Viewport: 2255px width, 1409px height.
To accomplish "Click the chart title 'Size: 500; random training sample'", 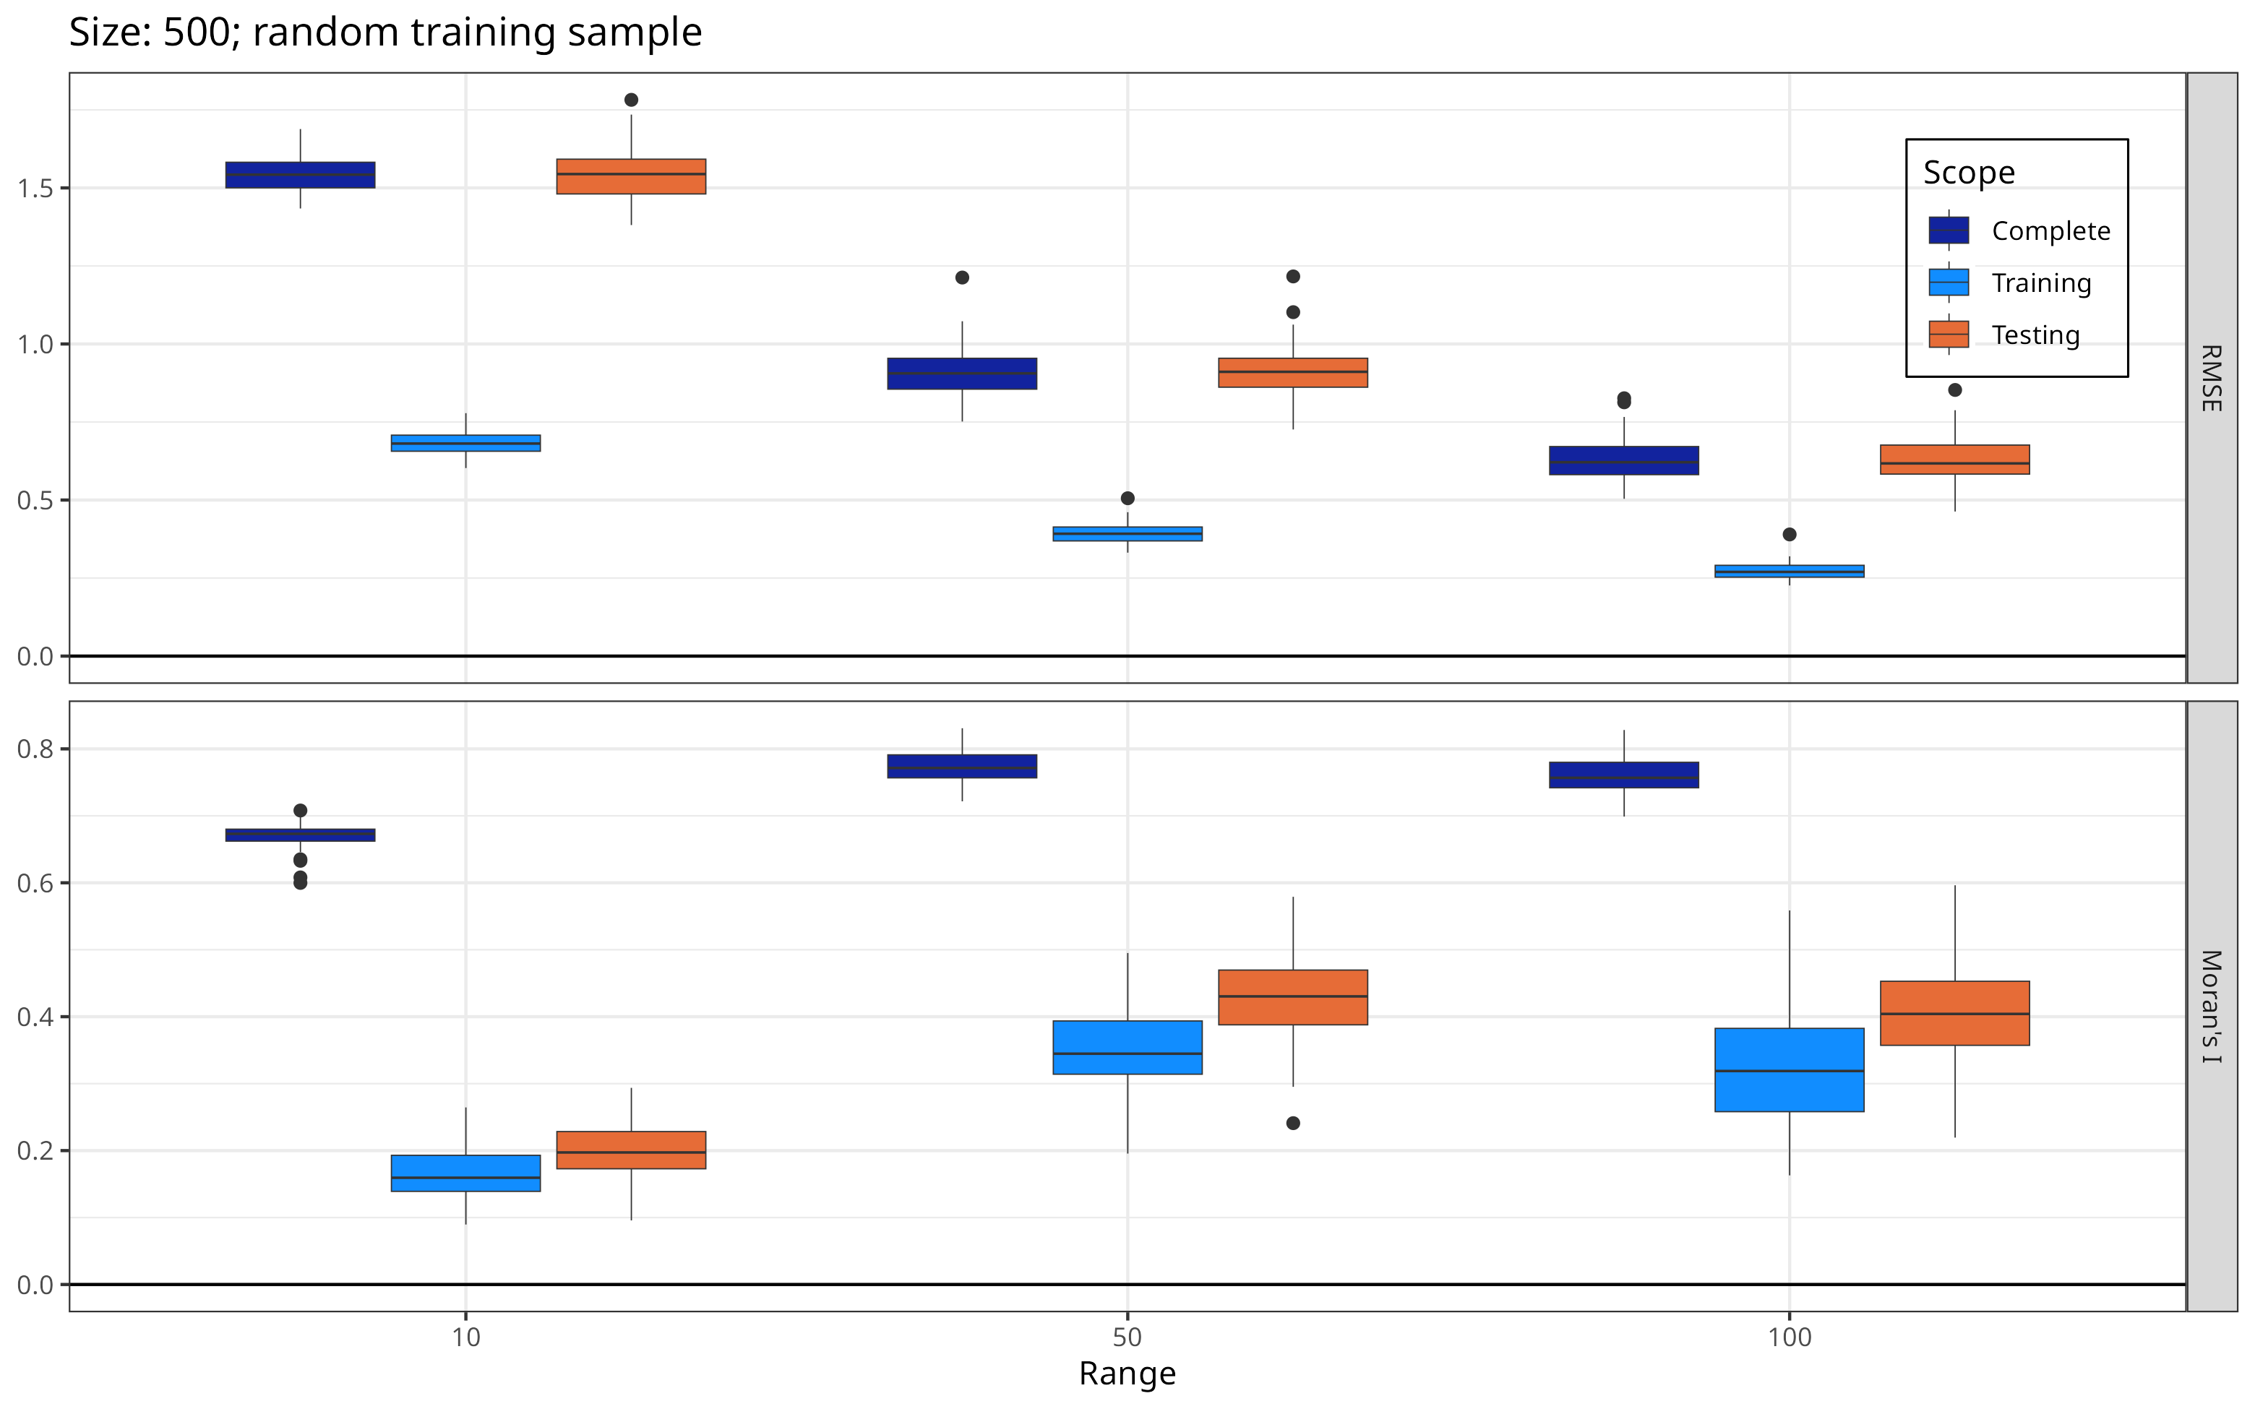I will [385, 33].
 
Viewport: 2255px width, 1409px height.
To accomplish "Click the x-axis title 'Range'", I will [1127, 1374].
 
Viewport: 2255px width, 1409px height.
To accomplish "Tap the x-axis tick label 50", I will [1127, 1337].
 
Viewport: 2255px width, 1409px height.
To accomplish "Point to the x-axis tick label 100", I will [1789, 1337].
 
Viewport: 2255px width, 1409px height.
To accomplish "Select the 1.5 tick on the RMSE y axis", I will [35, 189].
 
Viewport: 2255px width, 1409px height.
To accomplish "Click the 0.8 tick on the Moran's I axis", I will [35, 749].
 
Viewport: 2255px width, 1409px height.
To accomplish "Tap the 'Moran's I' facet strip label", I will [2211, 1007].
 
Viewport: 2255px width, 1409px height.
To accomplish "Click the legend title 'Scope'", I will [1968, 173].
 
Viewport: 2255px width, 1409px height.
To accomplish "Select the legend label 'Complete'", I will [2050, 231].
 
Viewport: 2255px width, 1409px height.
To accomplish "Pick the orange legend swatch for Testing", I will [1949, 335].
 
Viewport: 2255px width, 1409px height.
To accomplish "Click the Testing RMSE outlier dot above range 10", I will [631, 100].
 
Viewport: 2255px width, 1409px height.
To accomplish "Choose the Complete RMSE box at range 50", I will [962, 374].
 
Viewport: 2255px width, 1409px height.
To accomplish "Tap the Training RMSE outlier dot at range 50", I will [1127, 499].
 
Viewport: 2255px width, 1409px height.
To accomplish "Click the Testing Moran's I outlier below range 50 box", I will [1292, 1124].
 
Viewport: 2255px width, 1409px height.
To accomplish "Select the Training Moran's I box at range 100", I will [1789, 1070].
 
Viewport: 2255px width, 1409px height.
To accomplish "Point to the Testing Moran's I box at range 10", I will [631, 1150].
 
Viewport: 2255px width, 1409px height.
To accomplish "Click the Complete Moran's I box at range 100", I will [1623, 775].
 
